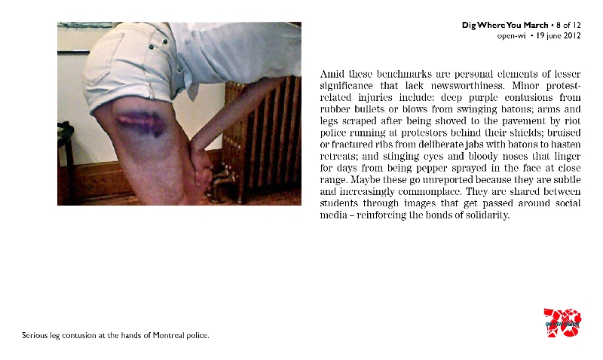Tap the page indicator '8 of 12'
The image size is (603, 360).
coord(567,26)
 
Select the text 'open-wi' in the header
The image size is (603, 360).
coord(512,35)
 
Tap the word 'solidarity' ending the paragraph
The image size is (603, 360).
coord(486,215)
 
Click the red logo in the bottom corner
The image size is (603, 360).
coord(562,323)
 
